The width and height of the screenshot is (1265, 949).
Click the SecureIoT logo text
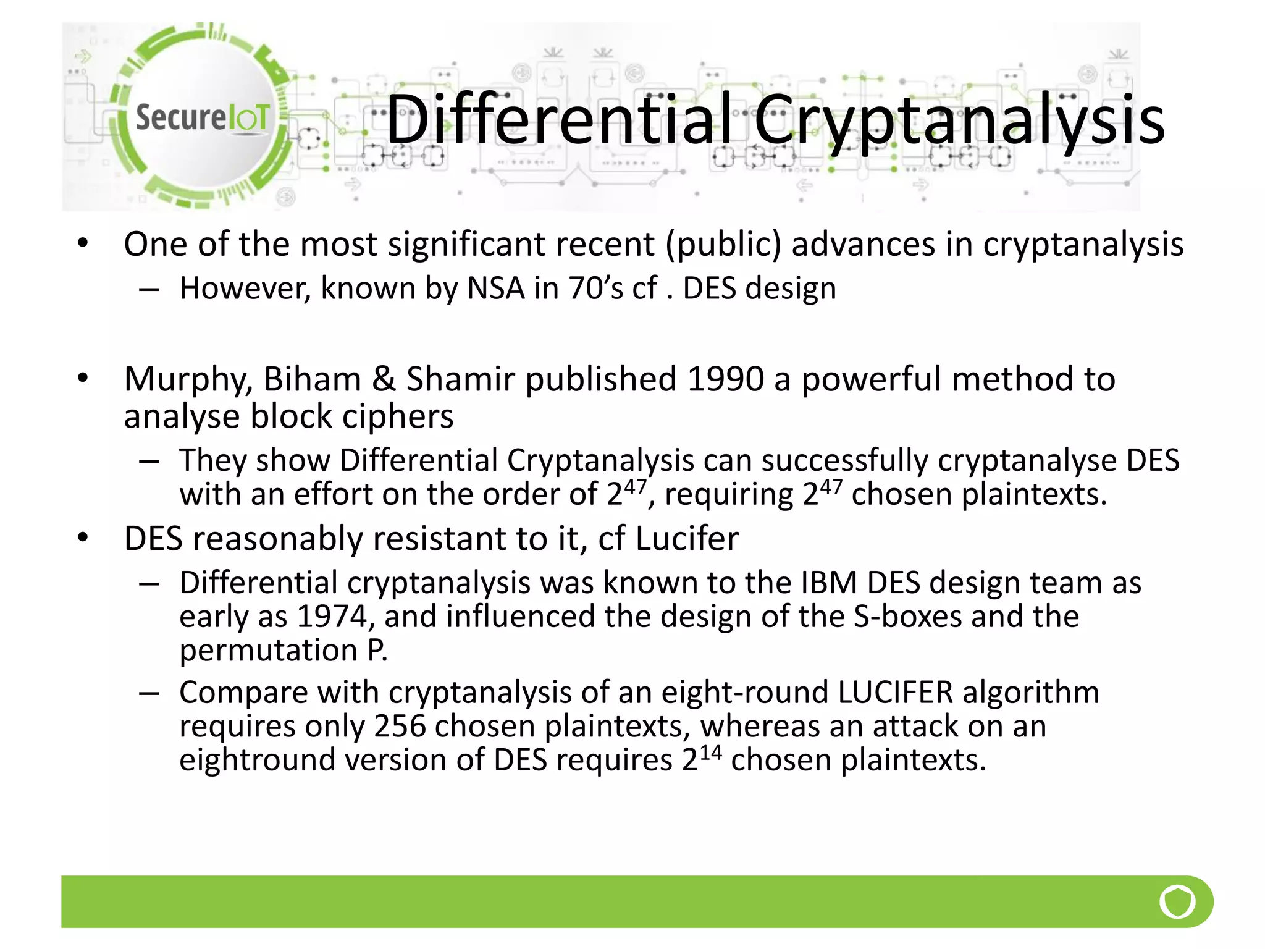tap(202, 117)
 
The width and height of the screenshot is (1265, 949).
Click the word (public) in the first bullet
tap(723, 245)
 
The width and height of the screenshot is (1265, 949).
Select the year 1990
tap(725, 379)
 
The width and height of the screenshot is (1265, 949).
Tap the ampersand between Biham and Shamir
tap(384, 379)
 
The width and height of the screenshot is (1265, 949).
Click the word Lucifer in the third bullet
tap(686, 539)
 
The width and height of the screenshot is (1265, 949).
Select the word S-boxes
tap(907, 617)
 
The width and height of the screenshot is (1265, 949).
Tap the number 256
tap(400, 726)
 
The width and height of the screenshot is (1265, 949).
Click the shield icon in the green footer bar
tap(1177, 902)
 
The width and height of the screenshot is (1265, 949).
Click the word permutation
tap(268, 651)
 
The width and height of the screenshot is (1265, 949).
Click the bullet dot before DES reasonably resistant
tap(83, 538)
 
